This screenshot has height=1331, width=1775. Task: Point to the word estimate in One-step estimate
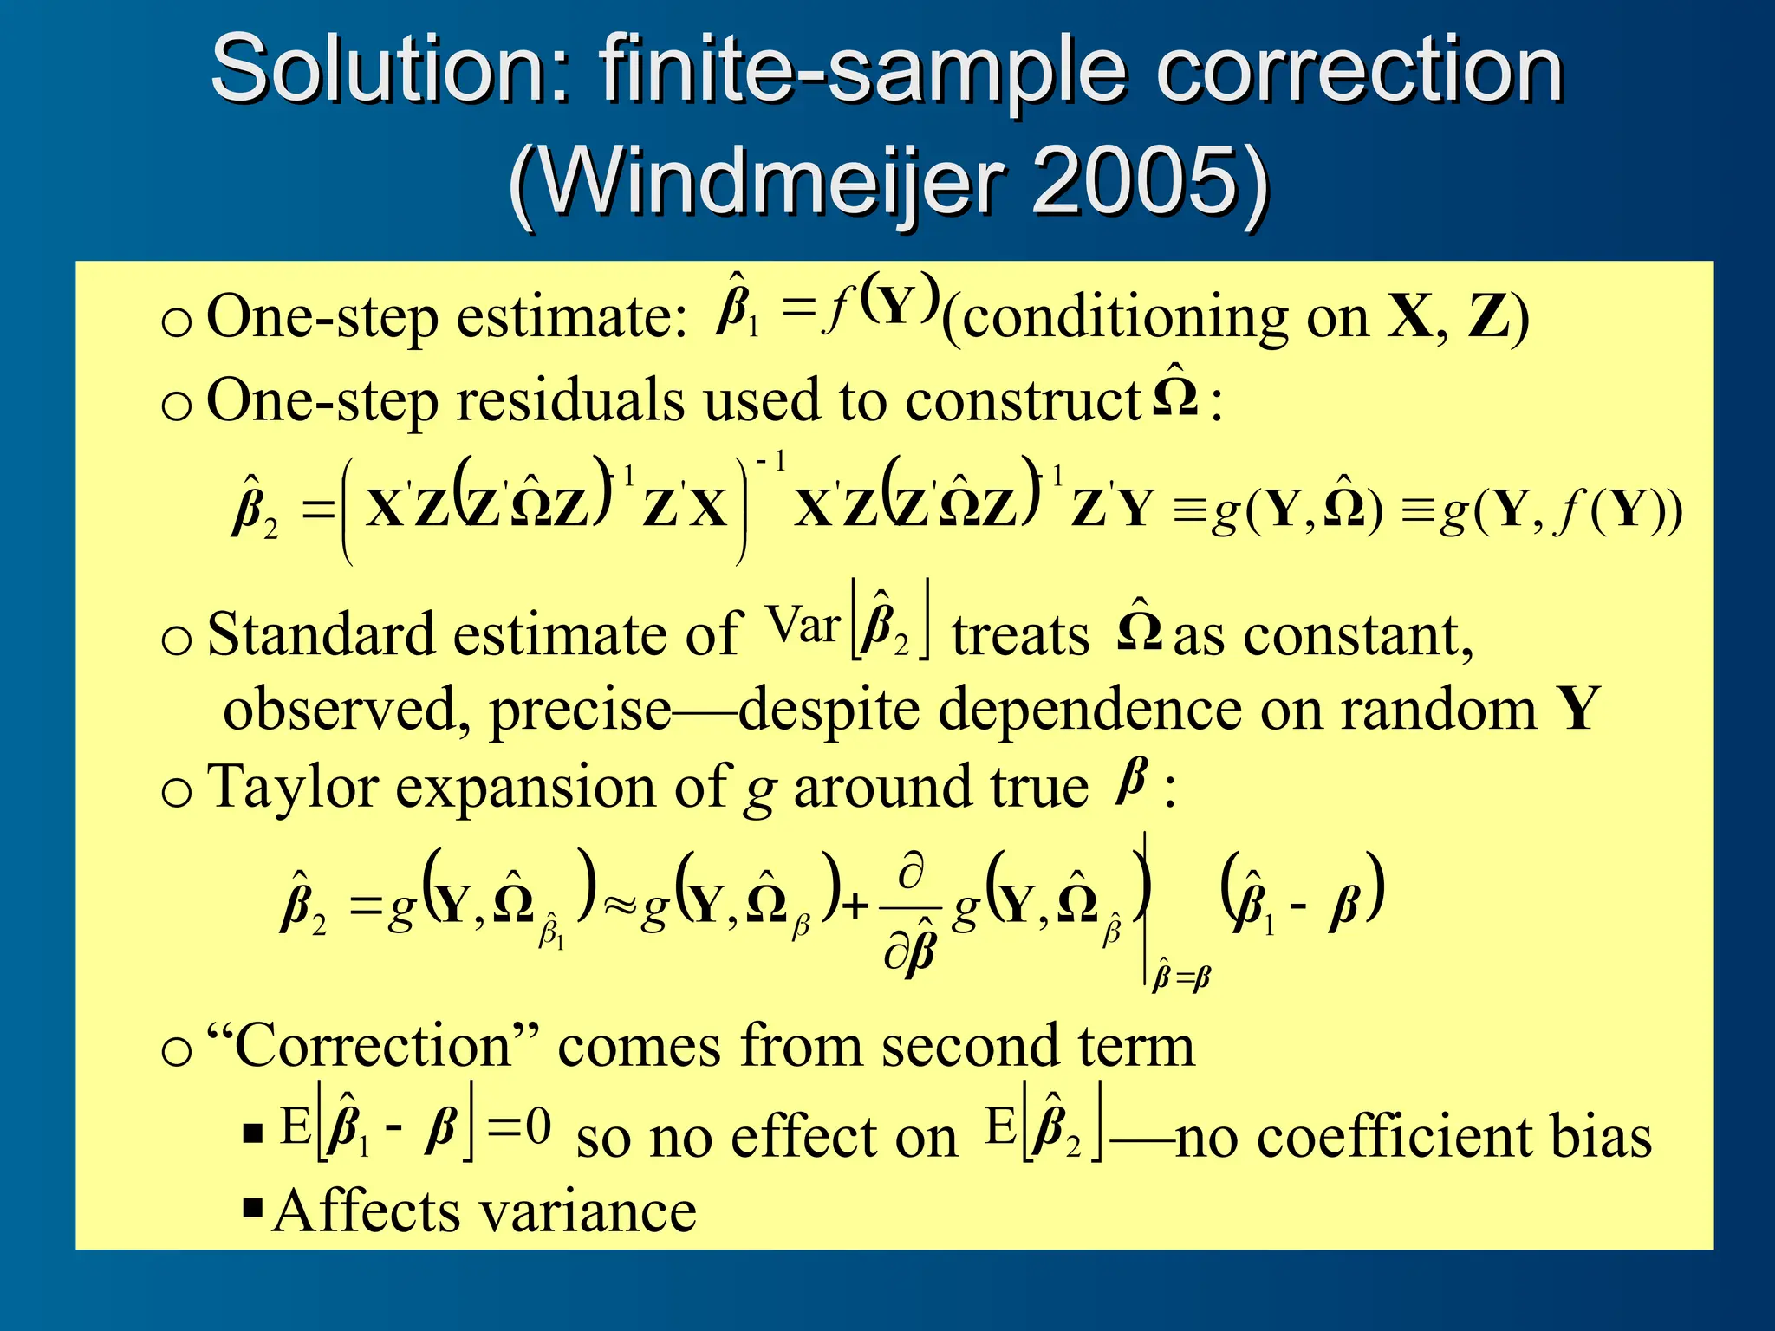click(x=572, y=319)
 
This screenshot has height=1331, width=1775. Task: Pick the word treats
click(x=1020, y=636)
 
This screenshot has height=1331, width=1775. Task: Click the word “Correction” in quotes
click(x=374, y=1046)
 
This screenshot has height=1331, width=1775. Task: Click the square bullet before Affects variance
click(x=253, y=1208)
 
